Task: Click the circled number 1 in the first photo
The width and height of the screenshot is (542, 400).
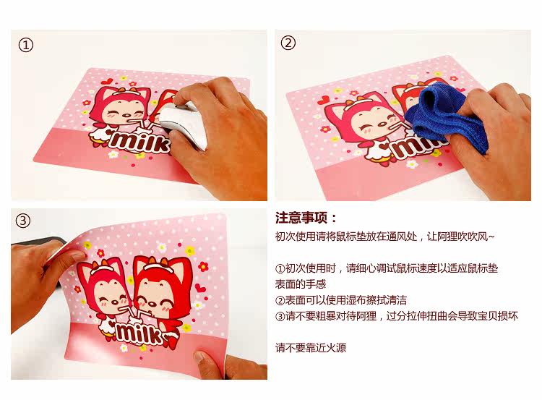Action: pos(25,46)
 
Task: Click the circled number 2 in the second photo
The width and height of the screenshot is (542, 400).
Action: pos(288,43)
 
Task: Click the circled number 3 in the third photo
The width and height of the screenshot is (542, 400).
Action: pos(23,221)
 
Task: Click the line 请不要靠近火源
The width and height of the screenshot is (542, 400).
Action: pos(311,347)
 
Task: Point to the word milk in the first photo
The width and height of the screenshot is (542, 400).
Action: pos(140,142)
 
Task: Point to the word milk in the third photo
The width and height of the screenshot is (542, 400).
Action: pos(138,333)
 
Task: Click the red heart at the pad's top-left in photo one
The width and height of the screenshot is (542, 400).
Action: pos(108,82)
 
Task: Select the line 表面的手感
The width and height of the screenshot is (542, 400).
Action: pos(301,284)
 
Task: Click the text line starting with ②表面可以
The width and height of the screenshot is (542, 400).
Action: pos(341,300)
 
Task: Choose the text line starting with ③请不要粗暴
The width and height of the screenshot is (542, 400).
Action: pos(397,316)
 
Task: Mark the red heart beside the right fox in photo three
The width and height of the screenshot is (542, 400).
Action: pos(200,287)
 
